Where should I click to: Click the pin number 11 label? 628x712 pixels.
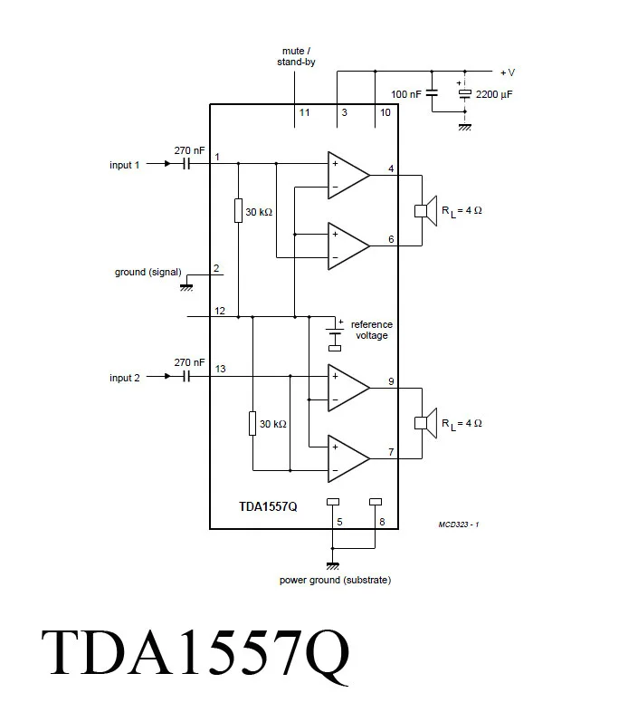coord(304,113)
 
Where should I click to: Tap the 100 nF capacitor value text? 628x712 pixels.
coord(405,94)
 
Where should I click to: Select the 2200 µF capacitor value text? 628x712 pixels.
coord(493,94)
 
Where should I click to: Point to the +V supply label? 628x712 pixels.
coord(507,72)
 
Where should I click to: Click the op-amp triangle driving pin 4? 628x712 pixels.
coord(347,175)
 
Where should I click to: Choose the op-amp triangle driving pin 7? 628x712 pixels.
coord(347,457)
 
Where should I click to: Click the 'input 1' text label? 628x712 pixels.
coord(125,165)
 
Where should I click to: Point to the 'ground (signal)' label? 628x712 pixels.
coord(148,272)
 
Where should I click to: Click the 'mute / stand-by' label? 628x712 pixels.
coord(296,56)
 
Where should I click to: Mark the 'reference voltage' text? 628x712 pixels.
coord(371,330)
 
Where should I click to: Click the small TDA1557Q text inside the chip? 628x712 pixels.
coord(268,507)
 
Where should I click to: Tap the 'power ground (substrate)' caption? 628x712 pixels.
coord(335,580)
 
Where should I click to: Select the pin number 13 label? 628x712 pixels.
coord(221,368)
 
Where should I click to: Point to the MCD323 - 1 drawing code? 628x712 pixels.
coord(458,525)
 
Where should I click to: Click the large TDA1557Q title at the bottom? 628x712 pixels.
coord(195,654)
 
